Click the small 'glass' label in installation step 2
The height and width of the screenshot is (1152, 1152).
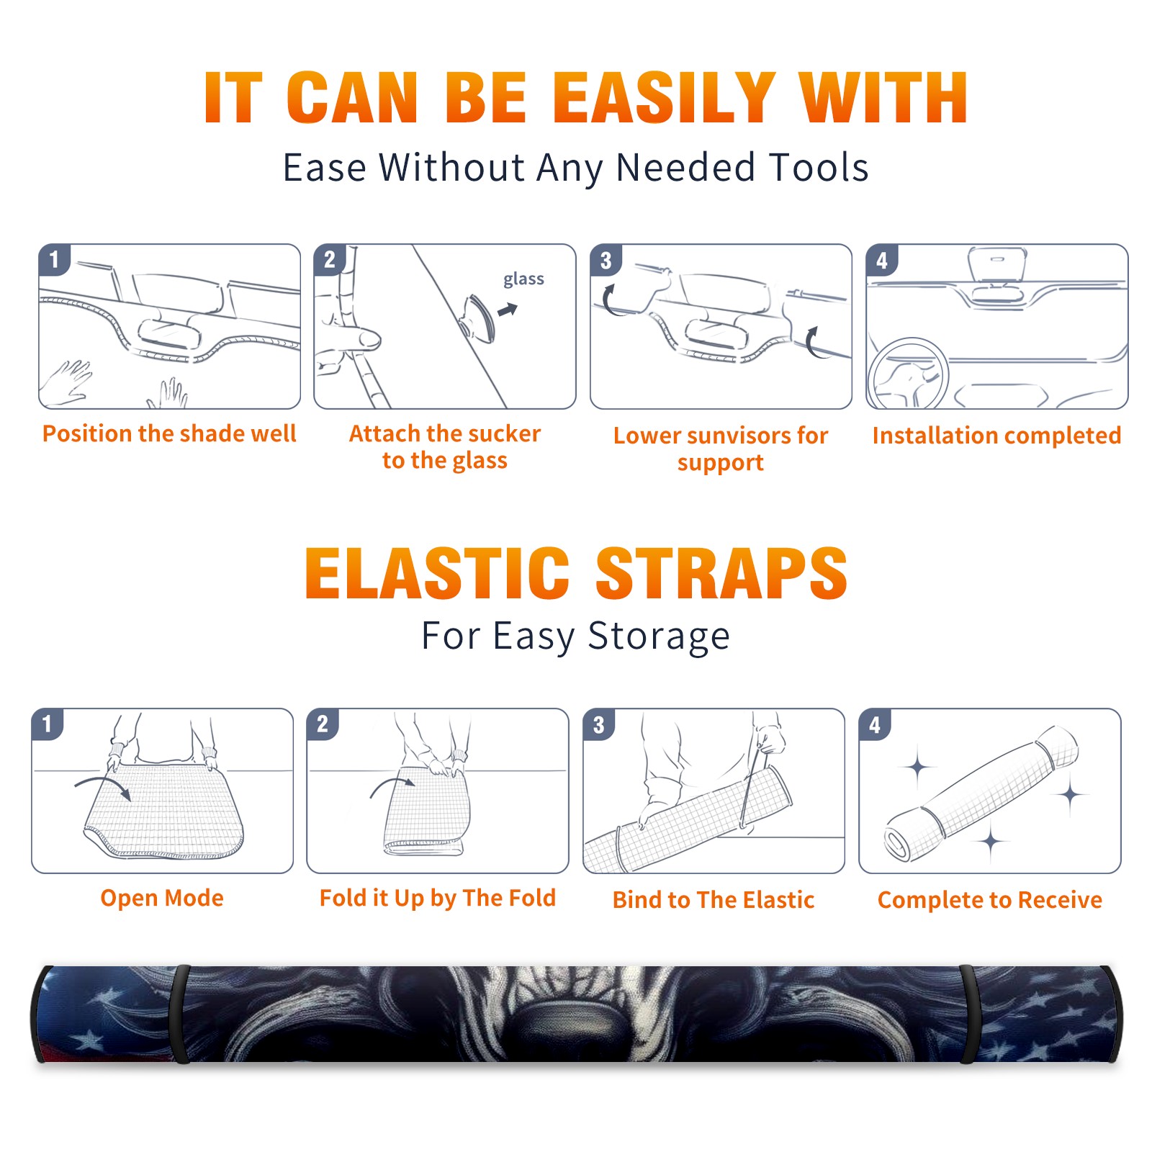pos(523,279)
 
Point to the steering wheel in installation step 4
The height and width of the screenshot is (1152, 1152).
pos(908,374)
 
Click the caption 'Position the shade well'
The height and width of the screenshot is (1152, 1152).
pos(169,433)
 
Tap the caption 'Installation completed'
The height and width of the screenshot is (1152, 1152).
pos(996,436)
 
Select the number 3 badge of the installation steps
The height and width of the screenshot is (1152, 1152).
pos(606,261)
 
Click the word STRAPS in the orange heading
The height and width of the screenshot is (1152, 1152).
pos(721,573)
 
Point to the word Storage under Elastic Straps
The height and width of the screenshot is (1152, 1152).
pos(659,636)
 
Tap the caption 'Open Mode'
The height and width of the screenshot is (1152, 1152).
pos(162,899)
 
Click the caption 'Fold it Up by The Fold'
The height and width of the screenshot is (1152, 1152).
pos(438,899)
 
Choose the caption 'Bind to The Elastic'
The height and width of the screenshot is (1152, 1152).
pos(714,900)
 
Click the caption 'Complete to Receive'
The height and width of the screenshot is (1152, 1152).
pos(990,900)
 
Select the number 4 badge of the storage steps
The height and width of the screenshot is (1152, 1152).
pos(875,725)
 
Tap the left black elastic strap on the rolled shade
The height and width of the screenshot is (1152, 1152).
pos(180,1014)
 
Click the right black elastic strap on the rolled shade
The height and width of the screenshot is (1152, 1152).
pos(969,1014)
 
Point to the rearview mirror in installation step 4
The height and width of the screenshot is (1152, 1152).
pos(997,264)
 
